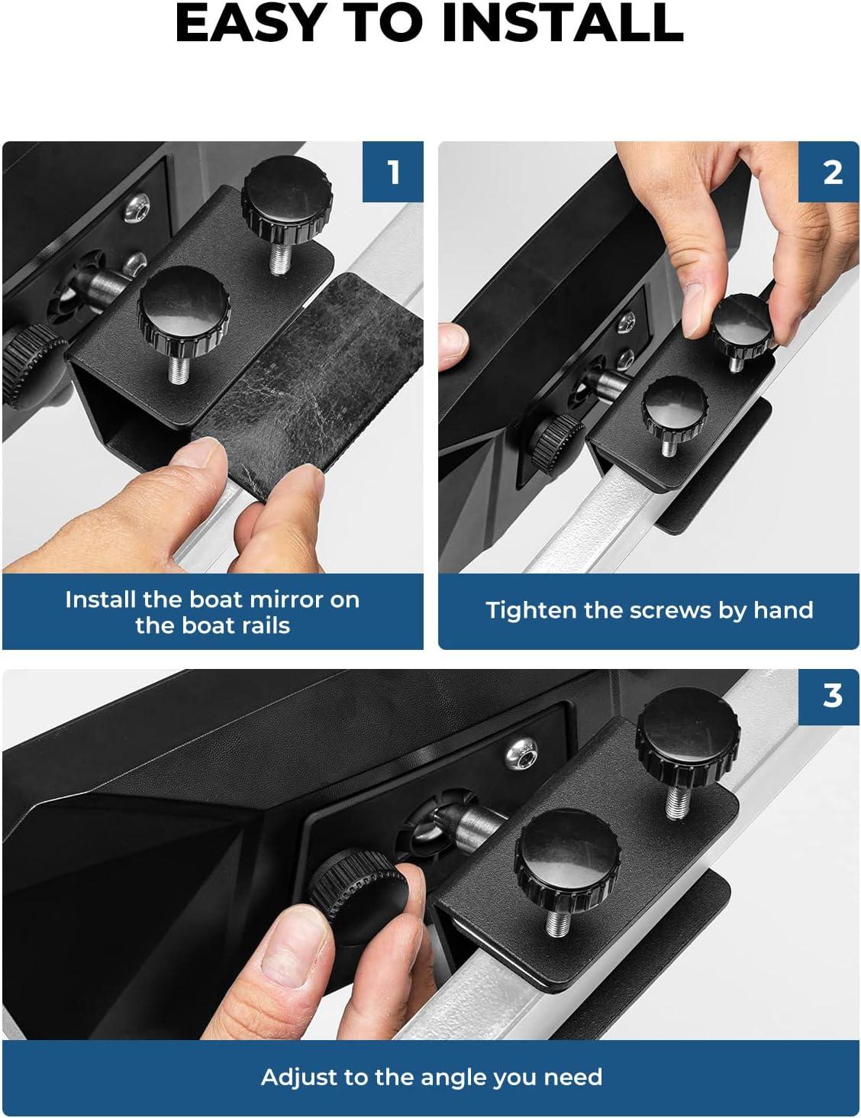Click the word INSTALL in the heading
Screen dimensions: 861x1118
(563, 23)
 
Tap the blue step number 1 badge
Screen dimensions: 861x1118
(393, 172)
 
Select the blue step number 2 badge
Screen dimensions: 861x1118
(829, 172)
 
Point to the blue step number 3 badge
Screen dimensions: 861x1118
(829, 696)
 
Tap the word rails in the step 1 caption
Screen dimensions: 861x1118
(266, 626)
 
